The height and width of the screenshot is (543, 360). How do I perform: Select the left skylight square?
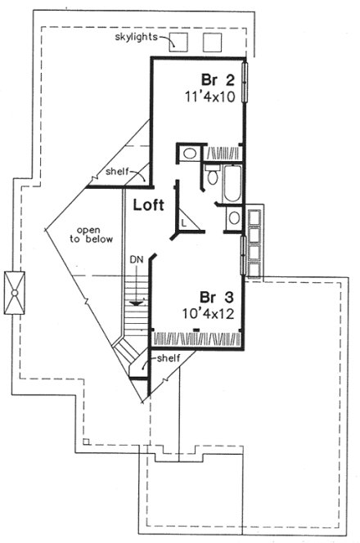pyautogui.click(x=180, y=43)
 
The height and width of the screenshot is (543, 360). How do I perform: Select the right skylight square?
pyautogui.click(x=213, y=43)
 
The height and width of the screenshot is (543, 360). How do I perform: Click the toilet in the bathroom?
pyautogui.click(x=211, y=177)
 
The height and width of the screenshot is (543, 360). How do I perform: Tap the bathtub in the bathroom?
pyautogui.click(x=230, y=183)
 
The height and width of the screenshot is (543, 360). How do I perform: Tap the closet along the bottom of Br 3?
pyautogui.click(x=197, y=336)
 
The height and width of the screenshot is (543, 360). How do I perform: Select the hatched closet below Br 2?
pyautogui.click(x=220, y=152)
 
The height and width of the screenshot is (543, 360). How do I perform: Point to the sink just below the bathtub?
pyautogui.click(x=233, y=218)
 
